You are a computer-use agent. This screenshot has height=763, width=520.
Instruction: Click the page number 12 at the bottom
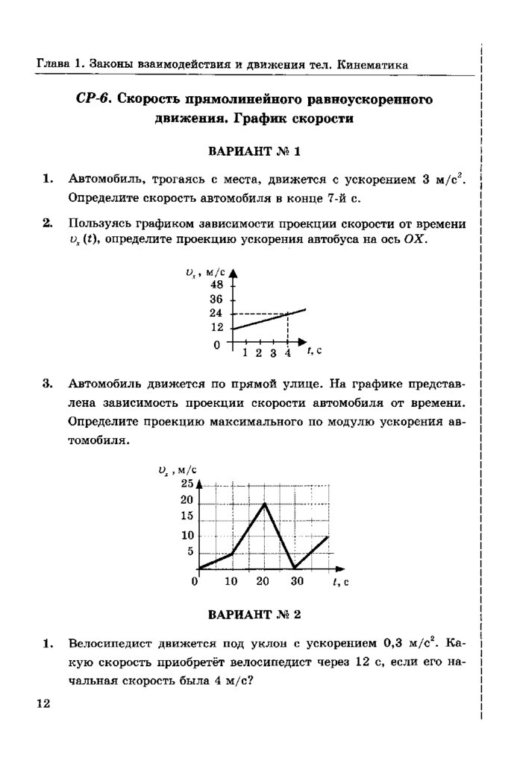tap(42, 704)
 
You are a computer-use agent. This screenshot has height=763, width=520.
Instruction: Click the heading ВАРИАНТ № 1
tap(256, 152)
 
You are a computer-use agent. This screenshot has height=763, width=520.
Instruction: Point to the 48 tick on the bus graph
tap(217, 285)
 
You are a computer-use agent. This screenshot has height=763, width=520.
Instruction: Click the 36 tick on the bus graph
tap(217, 300)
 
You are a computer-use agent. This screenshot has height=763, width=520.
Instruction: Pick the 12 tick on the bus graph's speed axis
tap(217, 328)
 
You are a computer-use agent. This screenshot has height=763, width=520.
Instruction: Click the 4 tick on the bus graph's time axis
tap(288, 352)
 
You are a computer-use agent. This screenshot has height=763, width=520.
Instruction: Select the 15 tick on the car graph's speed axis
tap(187, 516)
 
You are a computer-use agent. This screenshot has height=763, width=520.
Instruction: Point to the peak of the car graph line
tap(264, 504)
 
